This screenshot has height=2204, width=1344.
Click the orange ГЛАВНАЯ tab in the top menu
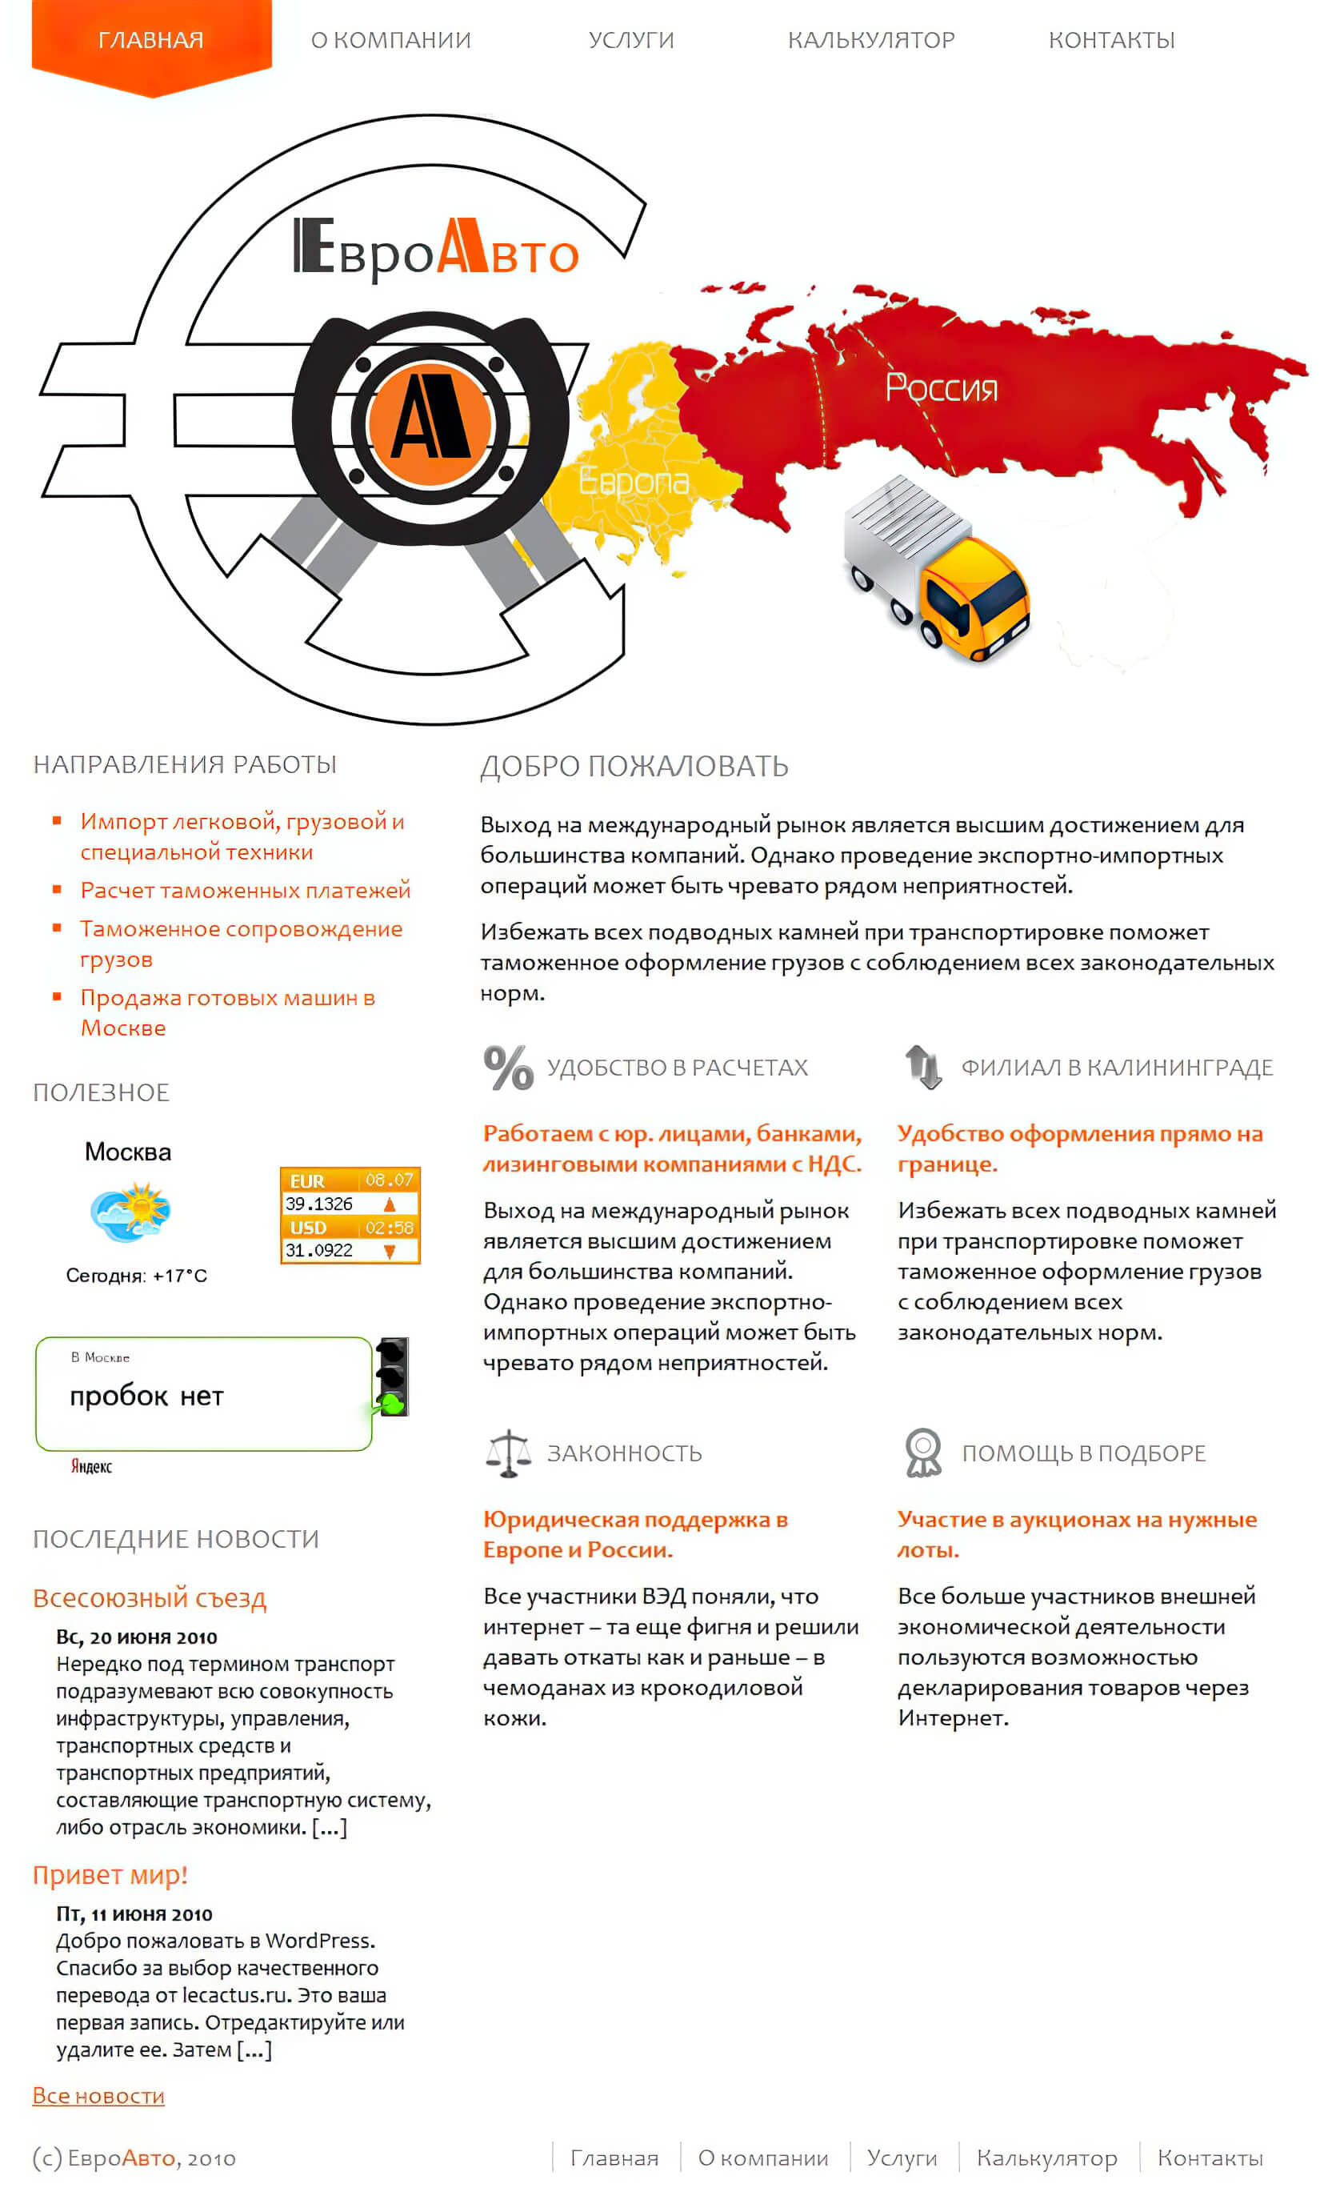coord(151,40)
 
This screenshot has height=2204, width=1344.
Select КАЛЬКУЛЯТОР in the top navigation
coord(871,40)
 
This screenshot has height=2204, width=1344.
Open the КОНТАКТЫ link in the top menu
coord(1111,40)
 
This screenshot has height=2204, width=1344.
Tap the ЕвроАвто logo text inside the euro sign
coord(436,251)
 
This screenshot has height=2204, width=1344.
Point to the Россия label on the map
coord(941,388)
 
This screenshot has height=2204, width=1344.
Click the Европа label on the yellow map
coord(633,481)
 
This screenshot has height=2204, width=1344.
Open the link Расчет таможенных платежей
coord(245,890)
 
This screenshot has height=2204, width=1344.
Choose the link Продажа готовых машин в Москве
coord(227,1012)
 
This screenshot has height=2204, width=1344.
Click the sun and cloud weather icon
coord(130,1212)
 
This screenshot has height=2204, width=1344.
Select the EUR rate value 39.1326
coord(319,1204)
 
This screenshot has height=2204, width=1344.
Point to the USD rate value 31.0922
coord(319,1251)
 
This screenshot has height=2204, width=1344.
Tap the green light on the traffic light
coord(393,1404)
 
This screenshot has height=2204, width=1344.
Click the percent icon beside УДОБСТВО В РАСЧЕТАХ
coord(508,1068)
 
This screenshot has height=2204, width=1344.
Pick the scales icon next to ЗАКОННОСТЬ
coord(508,1453)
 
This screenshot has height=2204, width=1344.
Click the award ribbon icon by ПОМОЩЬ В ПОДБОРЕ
coord(923,1453)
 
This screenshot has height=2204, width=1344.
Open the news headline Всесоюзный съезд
coord(150,1598)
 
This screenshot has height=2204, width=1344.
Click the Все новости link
coord(98,2096)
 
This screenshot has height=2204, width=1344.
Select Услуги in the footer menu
coord(902,2158)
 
